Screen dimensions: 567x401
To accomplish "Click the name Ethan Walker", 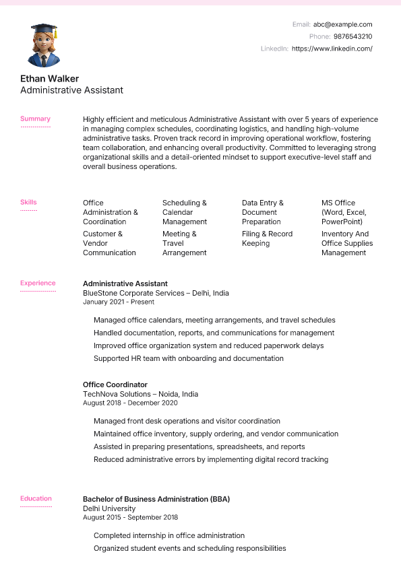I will [49, 79].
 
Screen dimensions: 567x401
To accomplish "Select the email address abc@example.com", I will [342, 24].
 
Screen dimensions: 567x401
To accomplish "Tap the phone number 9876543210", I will [352, 36].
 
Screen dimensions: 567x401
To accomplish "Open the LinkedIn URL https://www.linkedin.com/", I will [332, 48].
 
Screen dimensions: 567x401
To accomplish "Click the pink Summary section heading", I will [35, 119].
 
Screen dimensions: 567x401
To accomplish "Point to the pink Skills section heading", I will [28, 202].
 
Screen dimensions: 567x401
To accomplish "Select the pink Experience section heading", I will [38, 283].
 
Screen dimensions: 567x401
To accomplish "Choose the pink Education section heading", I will [36, 499].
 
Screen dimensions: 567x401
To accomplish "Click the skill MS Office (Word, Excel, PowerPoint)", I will [342, 212].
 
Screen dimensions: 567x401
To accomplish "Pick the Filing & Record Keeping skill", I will [267, 238].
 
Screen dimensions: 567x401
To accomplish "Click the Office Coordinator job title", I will [115, 385].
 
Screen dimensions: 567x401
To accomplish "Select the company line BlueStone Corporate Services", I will [156, 293].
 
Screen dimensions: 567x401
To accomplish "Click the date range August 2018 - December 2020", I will [130, 403].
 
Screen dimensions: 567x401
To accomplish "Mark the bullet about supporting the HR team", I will [189, 358].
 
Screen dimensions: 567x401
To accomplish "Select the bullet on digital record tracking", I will [211, 459].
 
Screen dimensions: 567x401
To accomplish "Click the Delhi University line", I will [109, 508].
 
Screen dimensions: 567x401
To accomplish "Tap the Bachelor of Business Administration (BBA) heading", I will [156, 499].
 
